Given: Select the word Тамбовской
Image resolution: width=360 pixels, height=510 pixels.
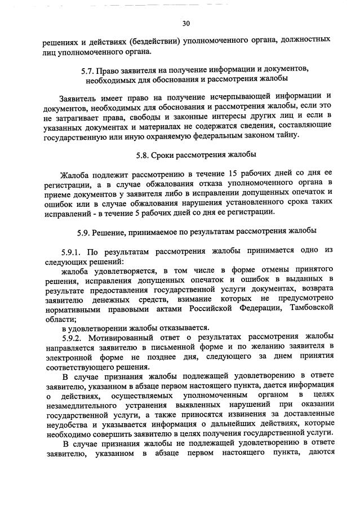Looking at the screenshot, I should tap(309, 308).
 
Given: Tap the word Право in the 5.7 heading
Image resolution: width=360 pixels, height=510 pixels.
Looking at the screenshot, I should tap(108, 70).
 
